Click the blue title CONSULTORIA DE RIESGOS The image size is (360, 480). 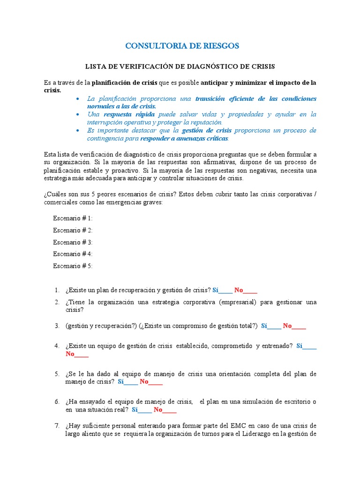point(182,45)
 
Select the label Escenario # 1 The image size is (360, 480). point(73,218)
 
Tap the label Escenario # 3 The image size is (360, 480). point(73,242)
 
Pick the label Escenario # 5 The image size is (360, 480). point(73,266)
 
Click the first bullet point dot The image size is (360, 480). point(77,99)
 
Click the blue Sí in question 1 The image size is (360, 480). point(216,290)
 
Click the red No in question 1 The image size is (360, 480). point(239,290)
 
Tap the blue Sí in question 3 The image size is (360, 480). point(264,326)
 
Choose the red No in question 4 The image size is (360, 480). point(70,354)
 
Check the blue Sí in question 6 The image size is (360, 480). point(135,410)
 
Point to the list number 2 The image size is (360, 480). point(56,302)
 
